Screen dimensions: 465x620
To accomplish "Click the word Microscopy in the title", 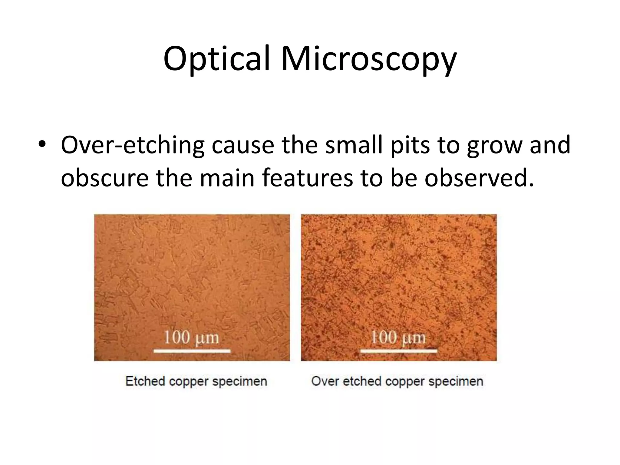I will coord(368,59).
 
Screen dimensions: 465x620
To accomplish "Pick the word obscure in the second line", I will coord(104,178).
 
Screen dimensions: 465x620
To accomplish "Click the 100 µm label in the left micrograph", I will coord(191,337).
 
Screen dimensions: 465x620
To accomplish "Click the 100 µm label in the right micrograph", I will coord(398,337).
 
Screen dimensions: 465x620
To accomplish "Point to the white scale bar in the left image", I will coord(192,351).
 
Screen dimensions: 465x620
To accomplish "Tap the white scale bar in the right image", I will coord(399,351).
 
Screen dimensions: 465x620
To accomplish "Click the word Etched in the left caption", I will coord(145,381).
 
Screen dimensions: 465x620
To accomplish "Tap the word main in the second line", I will coord(227,178).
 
